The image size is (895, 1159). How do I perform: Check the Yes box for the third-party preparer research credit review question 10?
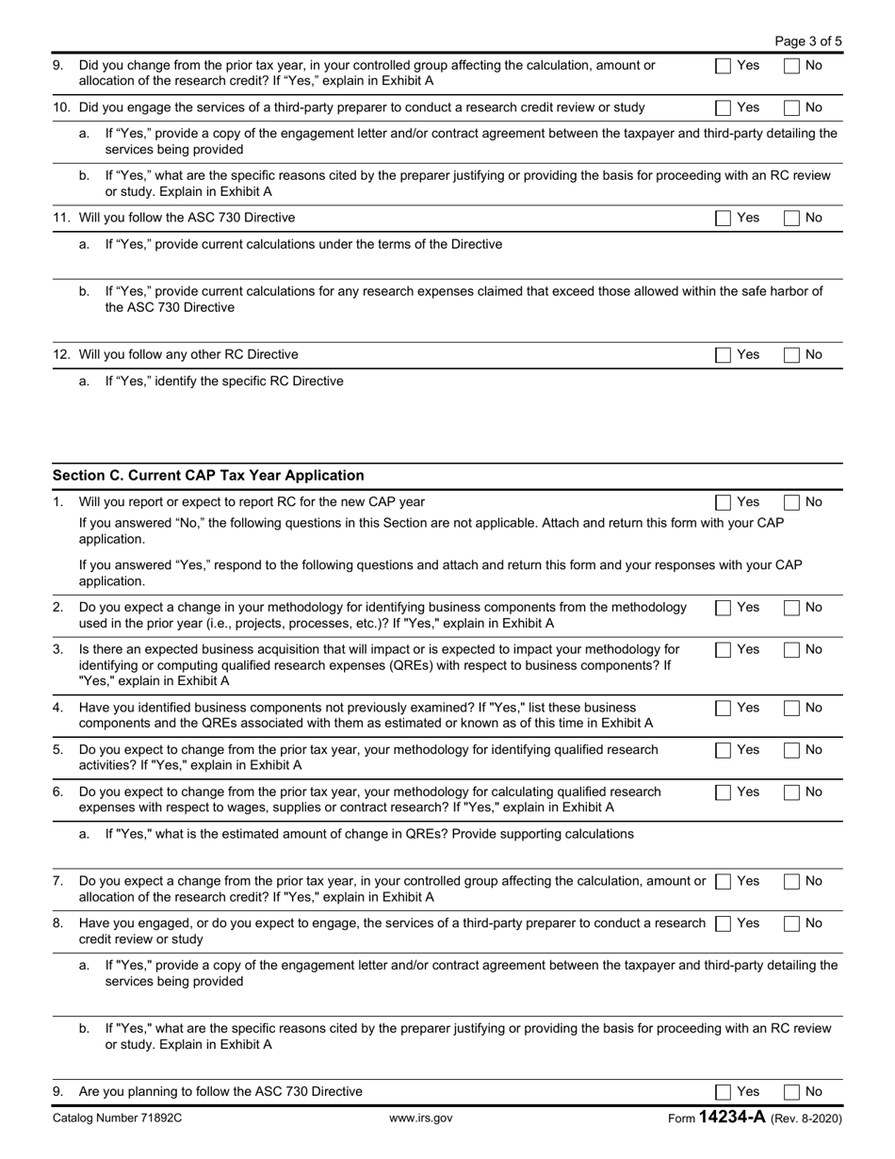[724, 108]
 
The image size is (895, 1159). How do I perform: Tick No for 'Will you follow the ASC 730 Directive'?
[791, 219]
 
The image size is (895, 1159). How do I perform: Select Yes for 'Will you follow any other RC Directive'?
[724, 355]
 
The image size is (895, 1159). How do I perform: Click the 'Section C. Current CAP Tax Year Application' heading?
[208, 476]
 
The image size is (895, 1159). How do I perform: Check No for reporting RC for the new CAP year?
[791, 502]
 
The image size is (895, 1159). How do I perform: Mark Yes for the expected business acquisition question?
[724, 650]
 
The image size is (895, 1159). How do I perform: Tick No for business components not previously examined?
[791, 709]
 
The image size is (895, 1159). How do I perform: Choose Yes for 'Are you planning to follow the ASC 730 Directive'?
[724, 1092]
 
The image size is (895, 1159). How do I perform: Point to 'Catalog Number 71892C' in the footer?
[118, 1118]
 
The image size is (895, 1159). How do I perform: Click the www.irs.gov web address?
[421, 1118]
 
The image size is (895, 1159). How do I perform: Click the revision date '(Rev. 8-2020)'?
[806, 1118]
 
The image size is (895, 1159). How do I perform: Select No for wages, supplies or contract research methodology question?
[791, 792]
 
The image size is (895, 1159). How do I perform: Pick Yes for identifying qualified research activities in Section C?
[724, 751]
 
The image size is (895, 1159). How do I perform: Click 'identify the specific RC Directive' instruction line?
[224, 382]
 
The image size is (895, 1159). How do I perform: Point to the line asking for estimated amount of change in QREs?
[369, 834]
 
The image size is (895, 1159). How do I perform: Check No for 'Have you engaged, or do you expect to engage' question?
[791, 924]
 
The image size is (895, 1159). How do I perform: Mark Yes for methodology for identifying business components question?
[724, 609]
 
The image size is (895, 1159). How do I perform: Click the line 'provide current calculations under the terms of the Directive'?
[303, 245]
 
